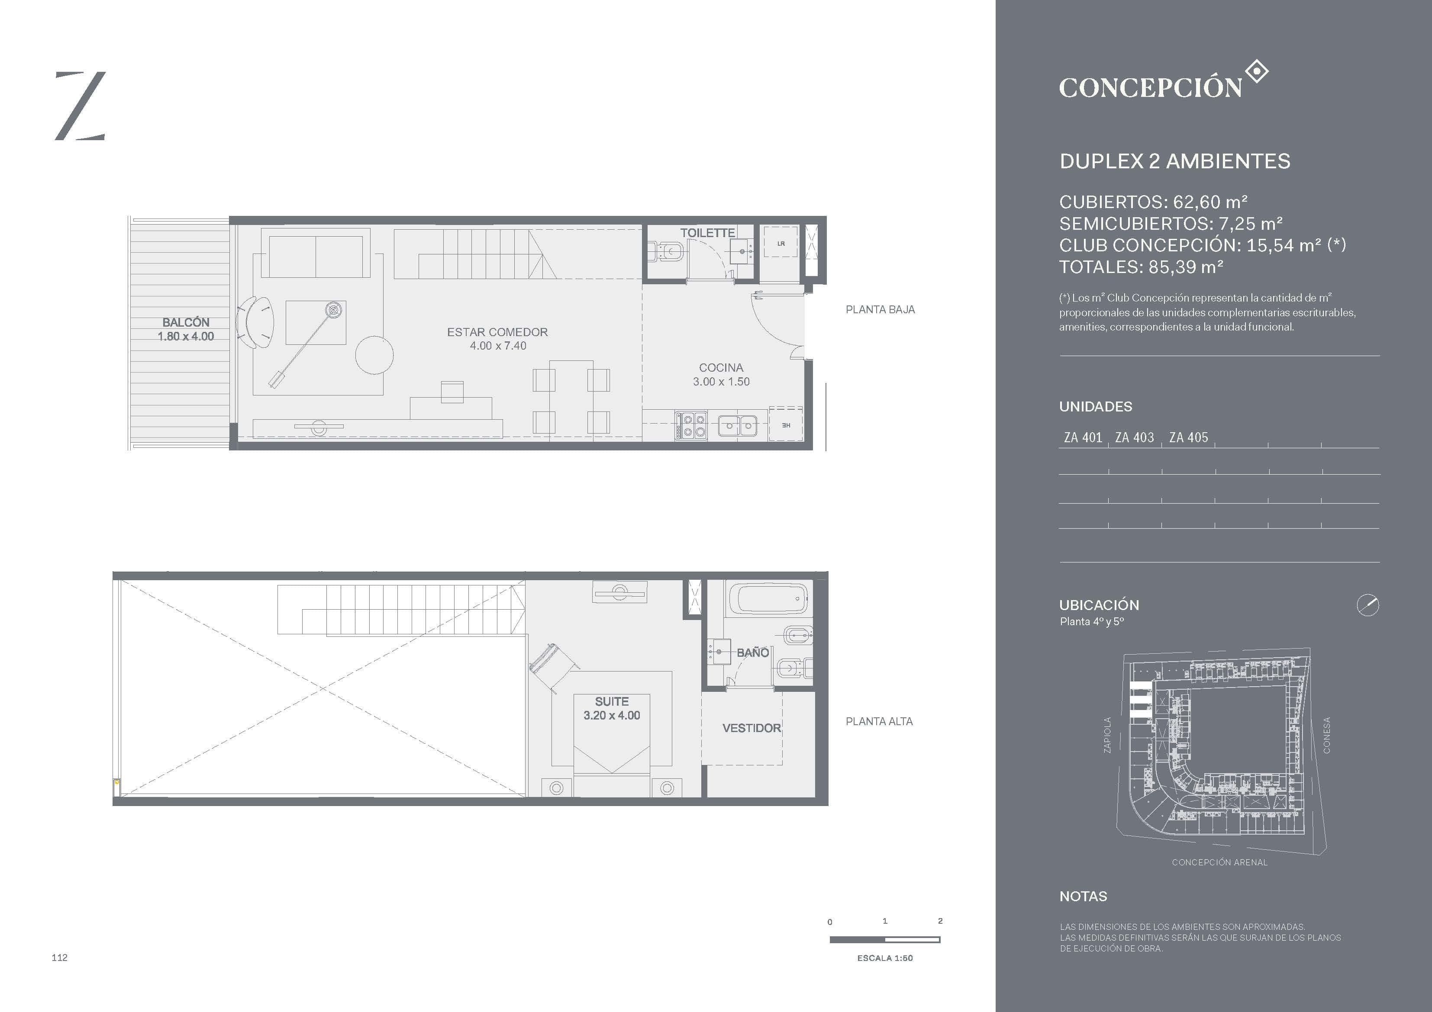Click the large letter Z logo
(81, 106)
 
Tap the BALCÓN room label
(186, 322)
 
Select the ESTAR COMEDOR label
(497, 332)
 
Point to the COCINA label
(721, 368)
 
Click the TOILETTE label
(707, 233)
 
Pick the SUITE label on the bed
(612, 701)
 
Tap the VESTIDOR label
(751, 728)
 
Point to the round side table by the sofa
(374, 355)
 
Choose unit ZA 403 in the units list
(1135, 438)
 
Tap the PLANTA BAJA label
(880, 309)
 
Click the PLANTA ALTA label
(879, 721)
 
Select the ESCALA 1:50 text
(885, 958)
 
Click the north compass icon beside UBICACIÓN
(1368, 605)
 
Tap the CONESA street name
(1327, 735)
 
